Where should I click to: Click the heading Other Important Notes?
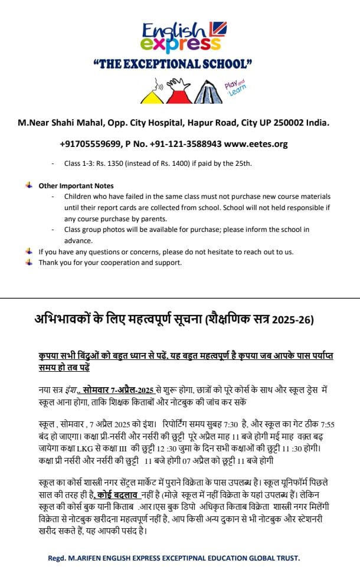pyautogui.click(x=76, y=185)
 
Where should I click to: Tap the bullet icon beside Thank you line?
pyautogui.click(x=29, y=263)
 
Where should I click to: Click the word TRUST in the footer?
pyautogui.click(x=286, y=558)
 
